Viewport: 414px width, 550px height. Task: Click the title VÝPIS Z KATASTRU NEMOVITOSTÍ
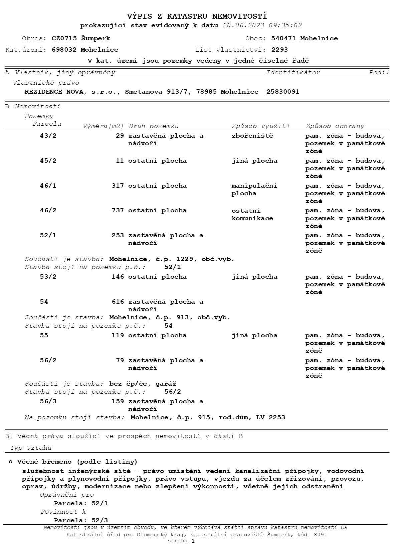click(197, 16)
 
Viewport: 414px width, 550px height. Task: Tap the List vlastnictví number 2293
click(279, 50)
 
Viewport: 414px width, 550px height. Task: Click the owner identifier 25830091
click(283, 92)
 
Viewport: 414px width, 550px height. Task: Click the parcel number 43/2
click(48, 136)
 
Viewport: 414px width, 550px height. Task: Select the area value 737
click(118, 210)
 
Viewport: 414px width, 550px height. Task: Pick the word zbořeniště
click(252, 136)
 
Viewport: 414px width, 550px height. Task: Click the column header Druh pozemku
click(154, 126)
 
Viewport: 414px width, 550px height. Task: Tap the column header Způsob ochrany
click(335, 126)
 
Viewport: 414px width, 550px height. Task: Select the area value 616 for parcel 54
click(118, 302)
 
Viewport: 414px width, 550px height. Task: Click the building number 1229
click(185, 259)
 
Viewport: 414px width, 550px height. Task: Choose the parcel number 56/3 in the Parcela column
click(48, 401)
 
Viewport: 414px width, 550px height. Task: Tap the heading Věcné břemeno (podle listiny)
click(77, 462)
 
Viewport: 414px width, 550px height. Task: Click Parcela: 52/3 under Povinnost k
click(81, 520)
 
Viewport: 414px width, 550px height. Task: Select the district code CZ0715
click(64, 38)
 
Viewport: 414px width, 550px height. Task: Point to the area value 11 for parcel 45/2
click(120, 161)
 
